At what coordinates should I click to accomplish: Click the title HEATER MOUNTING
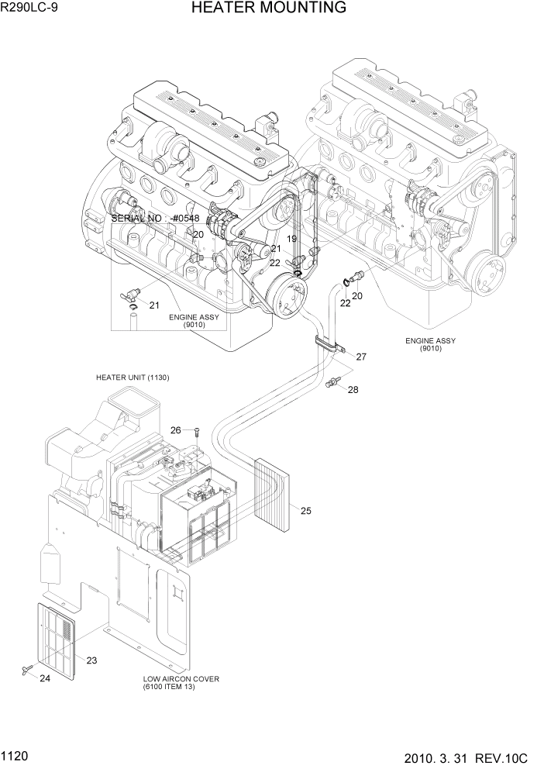(268, 9)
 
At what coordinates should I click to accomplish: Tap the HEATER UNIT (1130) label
(133, 378)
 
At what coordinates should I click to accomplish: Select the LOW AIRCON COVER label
(181, 679)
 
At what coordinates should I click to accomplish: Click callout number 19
(292, 240)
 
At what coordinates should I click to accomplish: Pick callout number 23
(91, 660)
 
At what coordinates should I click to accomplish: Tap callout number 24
(44, 679)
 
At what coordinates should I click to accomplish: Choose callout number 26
(176, 430)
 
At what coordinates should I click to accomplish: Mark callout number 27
(360, 357)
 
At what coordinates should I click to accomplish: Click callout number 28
(353, 390)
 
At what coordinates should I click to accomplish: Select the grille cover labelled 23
(57, 639)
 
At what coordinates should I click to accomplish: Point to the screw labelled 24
(26, 668)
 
